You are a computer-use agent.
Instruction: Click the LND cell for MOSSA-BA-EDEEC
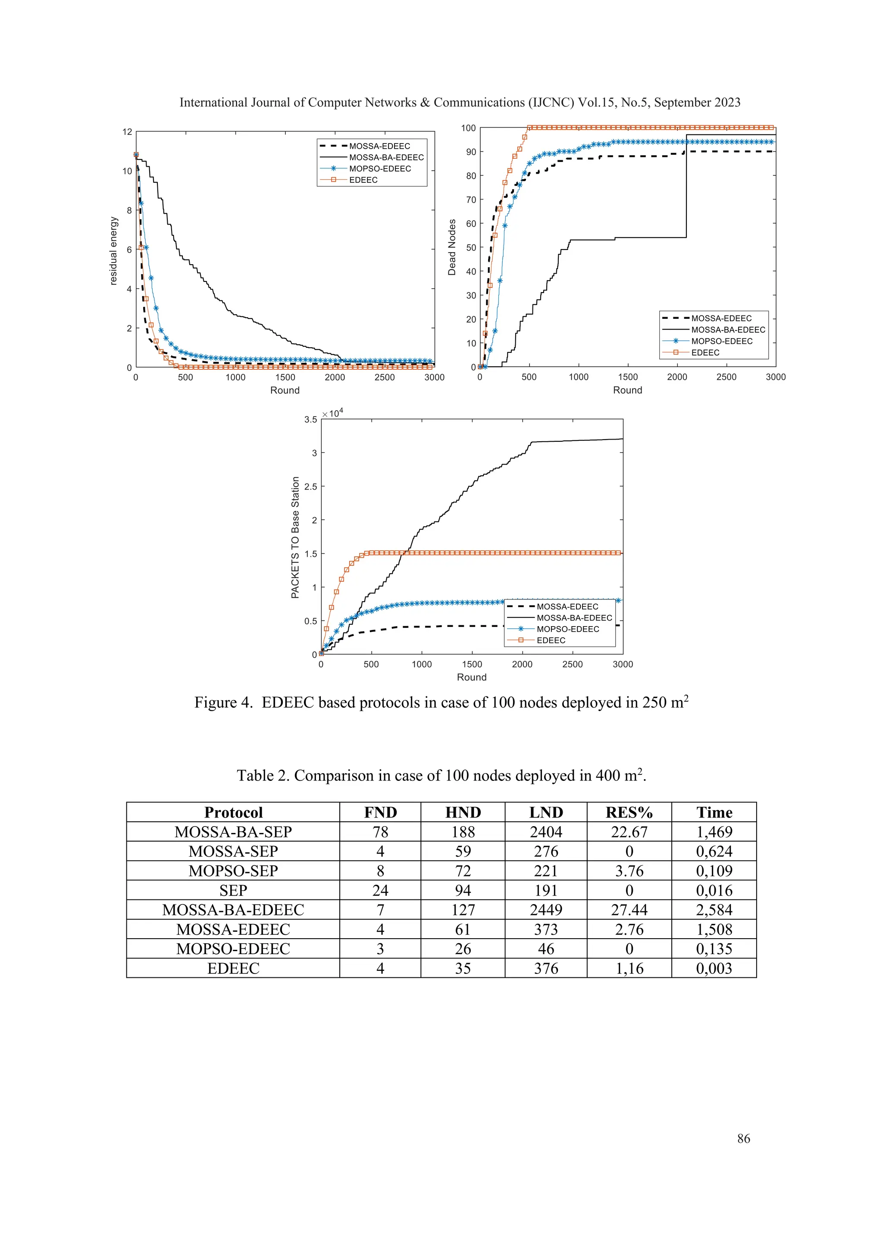546,910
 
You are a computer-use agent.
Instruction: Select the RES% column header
629,813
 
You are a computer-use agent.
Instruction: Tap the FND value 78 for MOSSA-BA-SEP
380,832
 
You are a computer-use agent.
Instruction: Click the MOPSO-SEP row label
233,871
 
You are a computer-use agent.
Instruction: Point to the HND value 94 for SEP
463,890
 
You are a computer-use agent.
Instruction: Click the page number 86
743,1138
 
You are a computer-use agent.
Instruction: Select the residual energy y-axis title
114,250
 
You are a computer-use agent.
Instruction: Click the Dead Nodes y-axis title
452,247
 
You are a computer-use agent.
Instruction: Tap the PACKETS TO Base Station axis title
295,537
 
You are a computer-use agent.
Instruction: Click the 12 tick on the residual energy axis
127,132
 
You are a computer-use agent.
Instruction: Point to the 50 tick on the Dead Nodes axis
471,248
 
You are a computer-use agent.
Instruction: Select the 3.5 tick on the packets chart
310,420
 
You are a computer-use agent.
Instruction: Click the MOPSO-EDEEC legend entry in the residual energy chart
379,168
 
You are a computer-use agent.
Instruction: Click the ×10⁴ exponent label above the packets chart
333,414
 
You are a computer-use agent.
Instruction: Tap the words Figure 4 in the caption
223,703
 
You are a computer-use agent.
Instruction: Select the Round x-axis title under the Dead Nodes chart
627,390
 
